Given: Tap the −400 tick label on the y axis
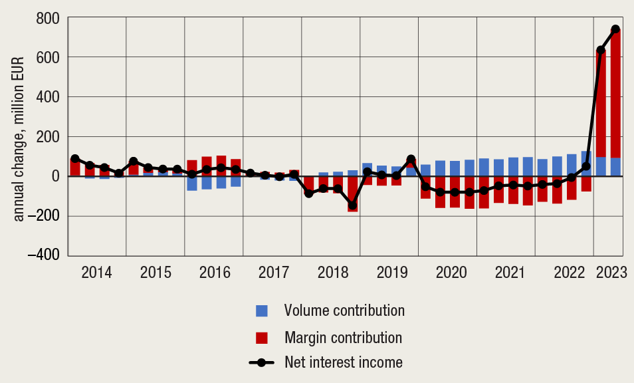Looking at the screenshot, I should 42,255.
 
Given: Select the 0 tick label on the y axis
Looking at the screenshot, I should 56,176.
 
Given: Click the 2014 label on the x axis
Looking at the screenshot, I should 96,273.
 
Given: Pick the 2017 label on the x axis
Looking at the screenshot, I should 272,273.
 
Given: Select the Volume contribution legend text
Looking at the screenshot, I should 344,311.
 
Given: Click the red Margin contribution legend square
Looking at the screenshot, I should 262,337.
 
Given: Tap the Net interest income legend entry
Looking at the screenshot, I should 343,362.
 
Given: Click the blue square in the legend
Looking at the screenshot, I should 262,311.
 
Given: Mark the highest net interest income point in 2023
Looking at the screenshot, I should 615,29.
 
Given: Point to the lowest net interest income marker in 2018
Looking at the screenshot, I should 352,205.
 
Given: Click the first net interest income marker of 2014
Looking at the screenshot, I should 75,158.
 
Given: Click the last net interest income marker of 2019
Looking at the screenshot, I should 411,160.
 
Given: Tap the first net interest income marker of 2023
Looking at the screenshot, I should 601,51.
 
